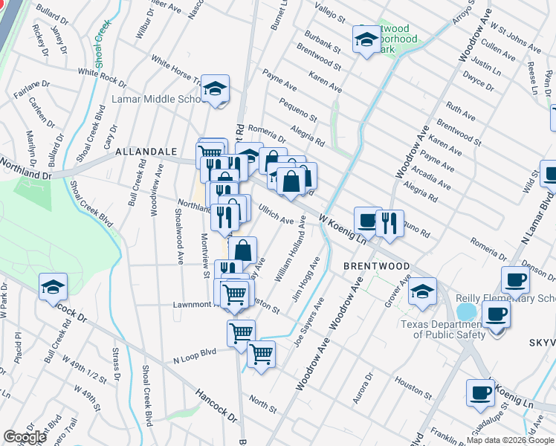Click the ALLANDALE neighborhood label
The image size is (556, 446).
[146, 152]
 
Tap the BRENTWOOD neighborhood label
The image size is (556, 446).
[376, 265]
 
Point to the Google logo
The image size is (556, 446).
[25, 437]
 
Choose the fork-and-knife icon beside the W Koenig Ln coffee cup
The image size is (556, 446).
[389, 222]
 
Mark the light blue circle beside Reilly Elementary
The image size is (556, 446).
[467, 311]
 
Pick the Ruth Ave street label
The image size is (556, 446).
[460, 112]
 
